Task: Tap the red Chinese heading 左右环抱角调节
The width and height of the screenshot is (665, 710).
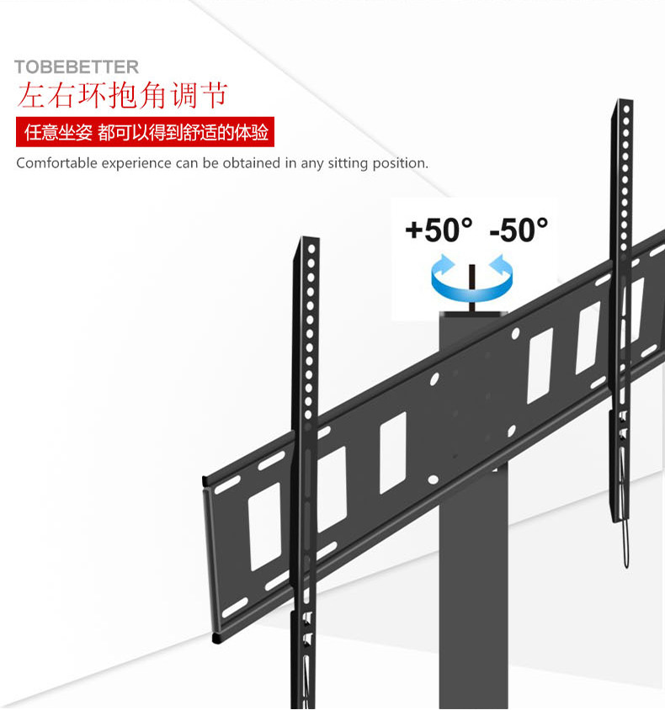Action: click(122, 95)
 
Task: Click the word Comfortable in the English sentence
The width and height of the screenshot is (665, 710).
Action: click(56, 163)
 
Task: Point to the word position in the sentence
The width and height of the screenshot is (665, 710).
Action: click(400, 163)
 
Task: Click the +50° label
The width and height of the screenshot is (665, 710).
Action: click(439, 230)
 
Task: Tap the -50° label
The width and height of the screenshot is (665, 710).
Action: click(518, 230)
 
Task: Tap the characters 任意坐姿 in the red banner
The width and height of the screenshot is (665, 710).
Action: click(57, 134)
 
